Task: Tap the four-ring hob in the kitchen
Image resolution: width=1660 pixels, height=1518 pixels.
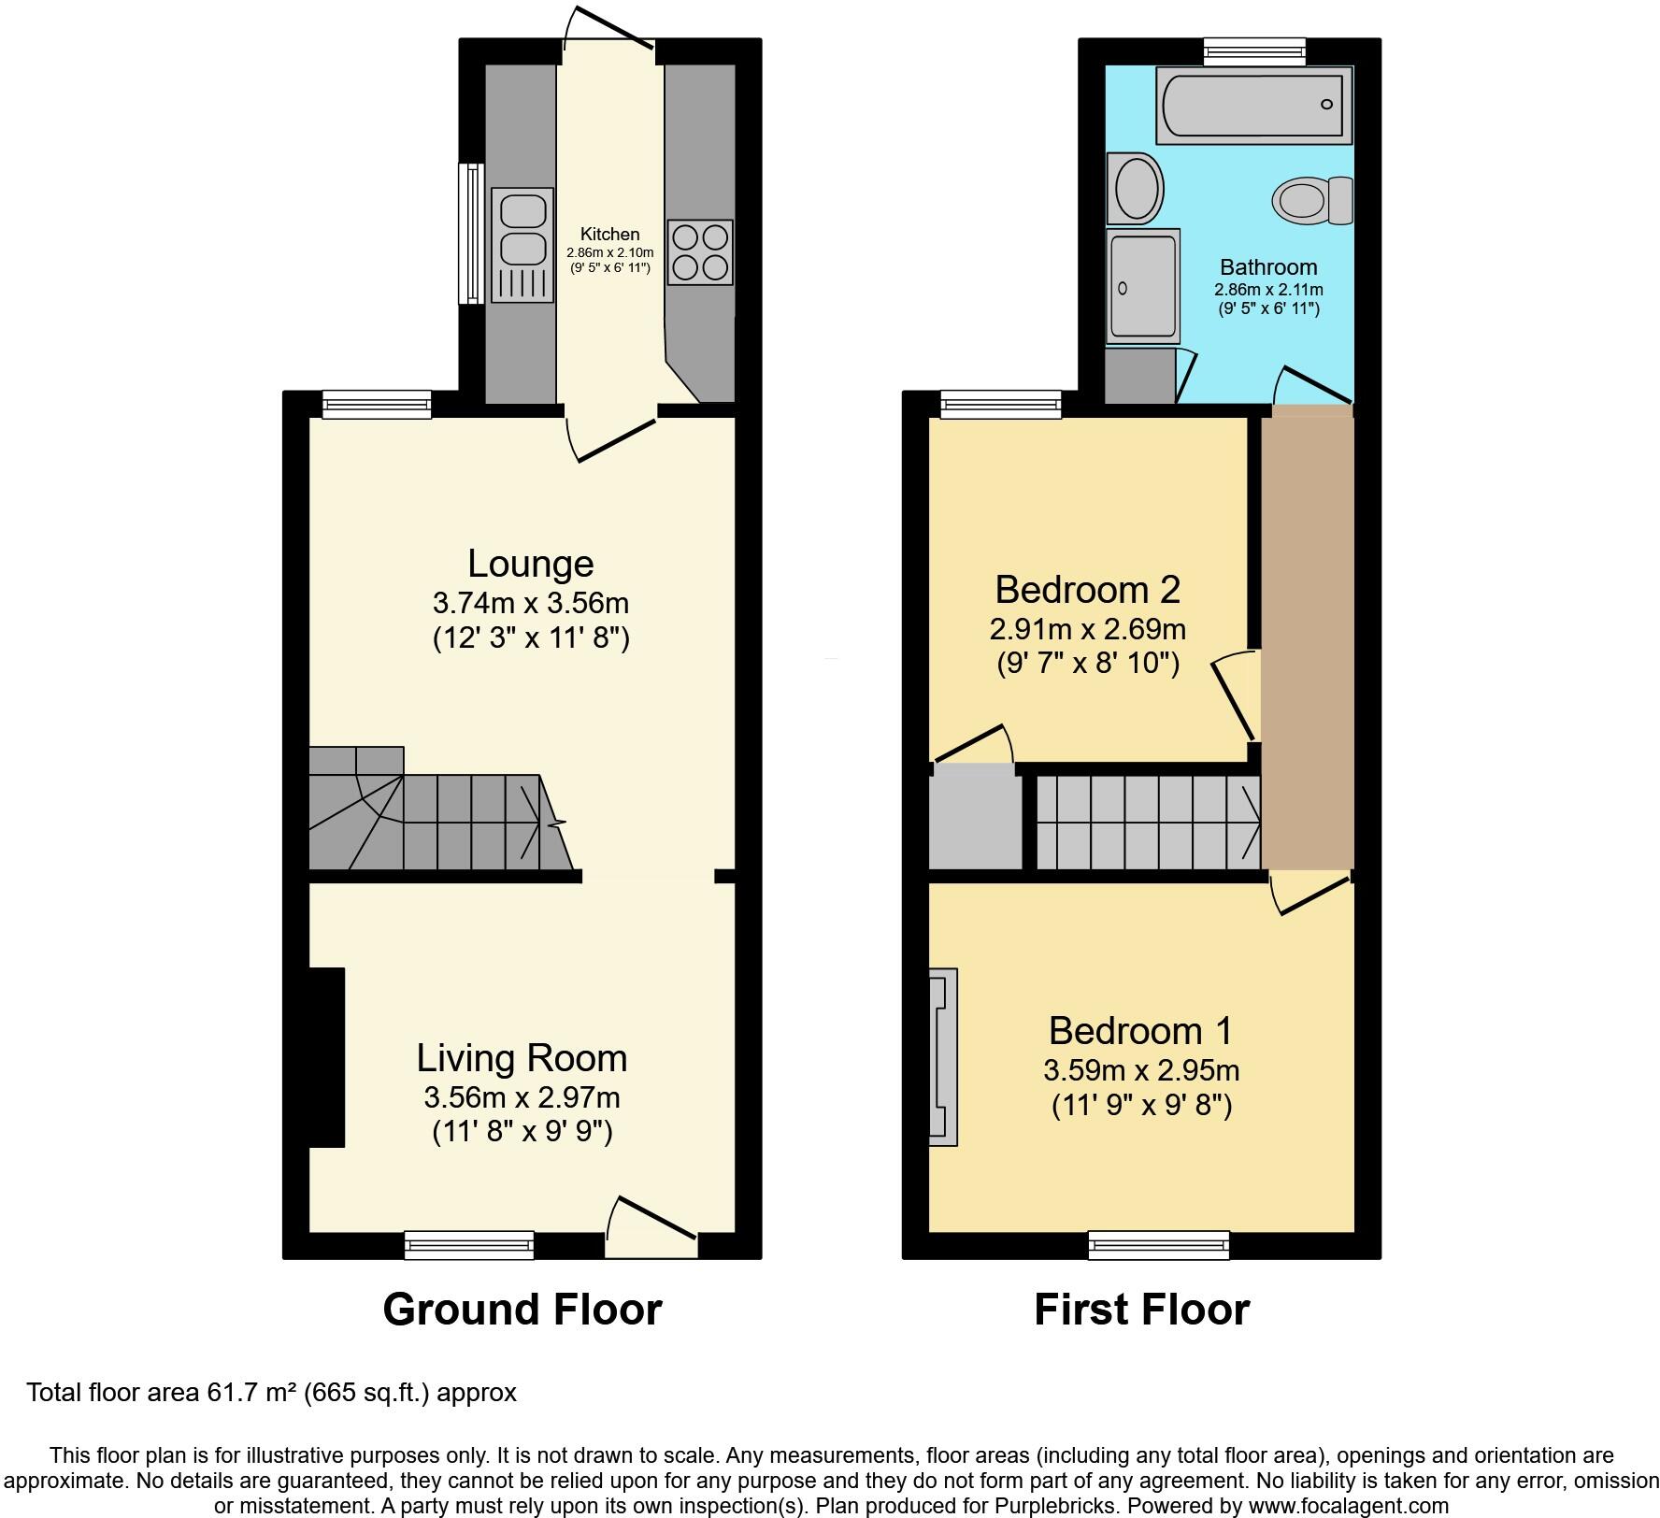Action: pos(700,252)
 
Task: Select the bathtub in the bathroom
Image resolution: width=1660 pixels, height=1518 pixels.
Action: pos(1253,105)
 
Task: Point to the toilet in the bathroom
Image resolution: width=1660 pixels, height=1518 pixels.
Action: pos(1312,199)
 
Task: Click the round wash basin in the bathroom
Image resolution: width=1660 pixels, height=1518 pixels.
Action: pos(1136,188)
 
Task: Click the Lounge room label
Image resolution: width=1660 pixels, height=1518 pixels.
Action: pos(530,564)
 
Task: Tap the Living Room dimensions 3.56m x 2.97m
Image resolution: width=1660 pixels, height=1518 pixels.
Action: pos(522,1096)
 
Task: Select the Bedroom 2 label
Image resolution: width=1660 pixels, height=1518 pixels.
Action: pos(1087,590)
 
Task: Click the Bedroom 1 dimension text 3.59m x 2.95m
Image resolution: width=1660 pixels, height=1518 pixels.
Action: pos(1141,1070)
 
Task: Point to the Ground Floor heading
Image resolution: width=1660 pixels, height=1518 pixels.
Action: pos(522,1310)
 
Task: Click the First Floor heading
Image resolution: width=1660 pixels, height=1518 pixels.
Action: pos(1141,1310)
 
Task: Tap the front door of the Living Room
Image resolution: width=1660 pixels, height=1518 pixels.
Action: pos(651,1224)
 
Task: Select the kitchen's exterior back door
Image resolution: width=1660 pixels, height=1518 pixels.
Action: pos(609,37)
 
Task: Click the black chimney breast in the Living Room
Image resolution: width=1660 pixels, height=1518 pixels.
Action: pos(327,1057)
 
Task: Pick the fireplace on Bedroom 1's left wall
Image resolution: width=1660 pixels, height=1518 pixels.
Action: pos(942,1057)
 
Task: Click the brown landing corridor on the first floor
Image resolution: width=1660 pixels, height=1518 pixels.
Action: pos(1307,636)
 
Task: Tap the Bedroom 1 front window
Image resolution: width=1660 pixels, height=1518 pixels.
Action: pos(1159,1245)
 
